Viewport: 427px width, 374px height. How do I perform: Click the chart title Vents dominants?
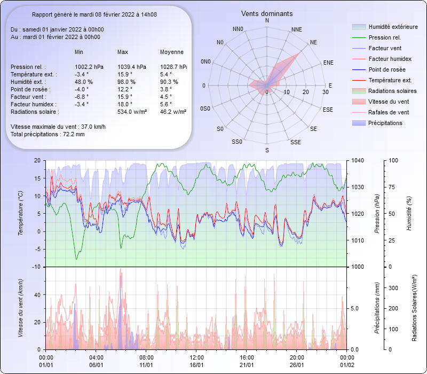(x=267, y=13)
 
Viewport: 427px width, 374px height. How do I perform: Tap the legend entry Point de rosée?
(x=386, y=70)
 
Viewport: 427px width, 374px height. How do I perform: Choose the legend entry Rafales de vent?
(x=389, y=113)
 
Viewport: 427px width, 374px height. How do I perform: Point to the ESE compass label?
(x=328, y=109)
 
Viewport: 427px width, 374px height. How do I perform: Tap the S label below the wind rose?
(x=267, y=151)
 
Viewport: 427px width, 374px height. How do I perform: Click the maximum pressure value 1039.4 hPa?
(x=131, y=67)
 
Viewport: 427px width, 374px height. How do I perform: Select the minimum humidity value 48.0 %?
(x=84, y=82)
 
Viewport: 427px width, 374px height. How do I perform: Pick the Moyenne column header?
(x=172, y=52)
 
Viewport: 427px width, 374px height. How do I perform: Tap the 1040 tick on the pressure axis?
(x=358, y=160)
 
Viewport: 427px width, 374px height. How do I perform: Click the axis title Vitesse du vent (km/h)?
(x=21, y=308)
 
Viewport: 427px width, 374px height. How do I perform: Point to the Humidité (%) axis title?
(x=409, y=213)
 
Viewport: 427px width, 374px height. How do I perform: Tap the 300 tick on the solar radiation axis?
(x=394, y=287)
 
